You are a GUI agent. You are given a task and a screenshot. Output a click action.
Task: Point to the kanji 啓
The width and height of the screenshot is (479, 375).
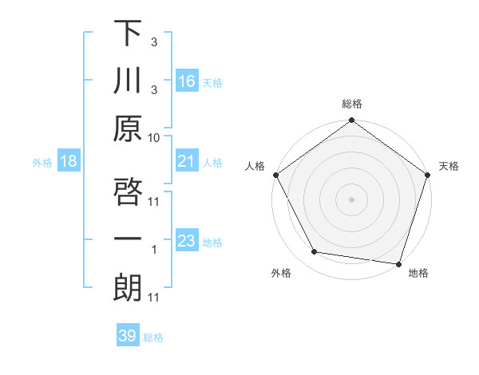pyautogui.click(x=127, y=192)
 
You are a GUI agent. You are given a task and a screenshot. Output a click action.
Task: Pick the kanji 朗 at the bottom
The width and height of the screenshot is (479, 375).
pyautogui.click(x=127, y=289)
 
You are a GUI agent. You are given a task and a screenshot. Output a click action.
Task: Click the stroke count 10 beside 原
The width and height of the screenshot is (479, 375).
pyautogui.click(x=154, y=137)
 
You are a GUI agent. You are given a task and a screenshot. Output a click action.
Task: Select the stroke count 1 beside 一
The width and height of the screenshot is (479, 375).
pyautogui.click(x=154, y=249)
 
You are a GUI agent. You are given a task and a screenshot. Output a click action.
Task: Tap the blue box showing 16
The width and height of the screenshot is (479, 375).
pyautogui.click(x=187, y=81)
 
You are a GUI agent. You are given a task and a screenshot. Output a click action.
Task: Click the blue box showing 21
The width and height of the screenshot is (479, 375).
pyautogui.click(x=187, y=162)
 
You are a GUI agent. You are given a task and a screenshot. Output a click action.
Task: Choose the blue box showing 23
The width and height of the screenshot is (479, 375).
pyautogui.click(x=187, y=242)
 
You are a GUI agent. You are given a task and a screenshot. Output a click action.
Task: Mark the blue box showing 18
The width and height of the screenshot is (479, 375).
pyautogui.click(x=69, y=162)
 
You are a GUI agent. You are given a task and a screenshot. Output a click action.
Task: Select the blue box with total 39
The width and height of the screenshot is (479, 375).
pyautogui.click(x=128, y=336)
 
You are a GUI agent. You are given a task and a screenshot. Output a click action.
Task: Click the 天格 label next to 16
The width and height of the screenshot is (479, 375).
pyautogui.click(x=212, y=83)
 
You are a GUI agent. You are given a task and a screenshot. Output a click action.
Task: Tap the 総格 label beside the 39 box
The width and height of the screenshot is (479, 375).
pyautogui.click(x=153, y=337)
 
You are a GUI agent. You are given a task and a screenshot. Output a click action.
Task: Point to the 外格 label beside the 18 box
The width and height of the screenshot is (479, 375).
pyautogui.click(x=42, y=163)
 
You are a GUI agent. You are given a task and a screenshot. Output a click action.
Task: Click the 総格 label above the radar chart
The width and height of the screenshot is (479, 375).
pyautogui.click(x=351, y=104)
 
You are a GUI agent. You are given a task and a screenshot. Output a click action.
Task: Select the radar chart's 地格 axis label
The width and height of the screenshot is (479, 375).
pyautogui.click(x=418, y=273)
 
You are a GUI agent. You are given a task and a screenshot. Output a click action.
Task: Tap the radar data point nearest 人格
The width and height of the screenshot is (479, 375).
pyautogui.click(x=275, y=175)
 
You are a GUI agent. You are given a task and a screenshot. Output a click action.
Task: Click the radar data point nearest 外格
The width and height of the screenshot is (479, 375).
pyautogui.click(x=315, y=252)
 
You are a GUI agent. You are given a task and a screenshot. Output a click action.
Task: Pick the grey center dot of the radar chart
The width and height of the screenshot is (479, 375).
pyautogui.click(x=351, y=199)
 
